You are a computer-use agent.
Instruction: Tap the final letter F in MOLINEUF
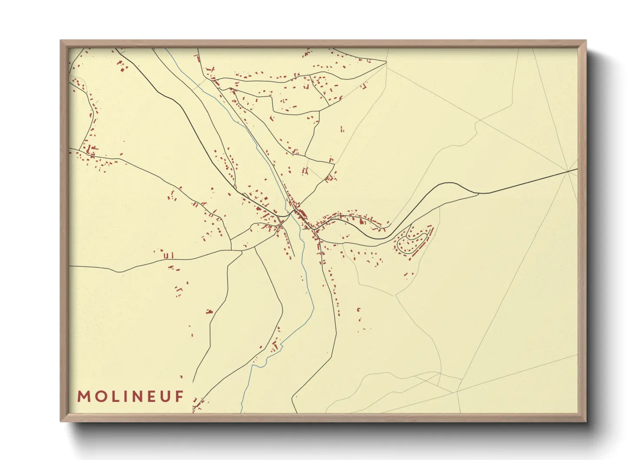click(179, 397)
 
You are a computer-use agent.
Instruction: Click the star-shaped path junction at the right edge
click(568, 171)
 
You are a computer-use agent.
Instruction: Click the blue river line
click(310, 300)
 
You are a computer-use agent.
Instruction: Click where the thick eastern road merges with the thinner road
click(478, 193)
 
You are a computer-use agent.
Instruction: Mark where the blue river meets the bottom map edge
click(241, 412)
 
